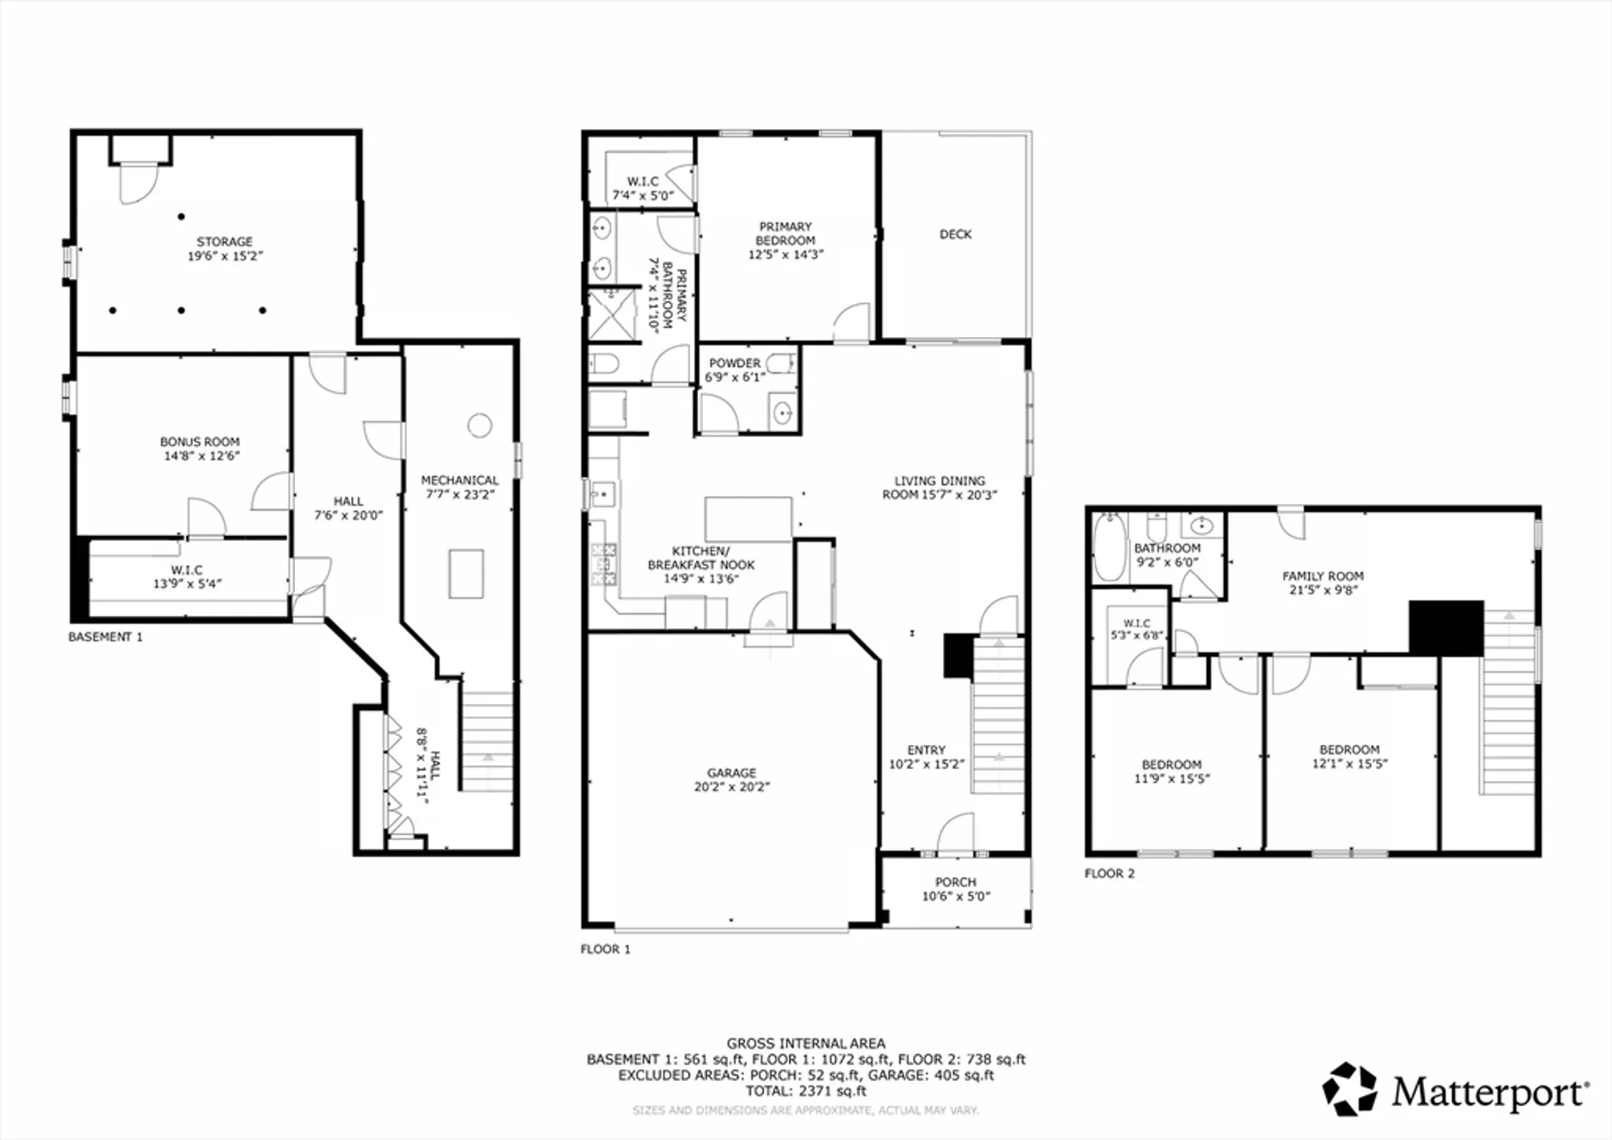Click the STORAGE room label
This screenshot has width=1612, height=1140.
click(x=224, y=241)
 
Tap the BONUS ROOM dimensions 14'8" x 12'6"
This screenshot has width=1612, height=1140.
click(x=201, y=456)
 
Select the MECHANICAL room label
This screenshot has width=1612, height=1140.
click(x=459, y=480)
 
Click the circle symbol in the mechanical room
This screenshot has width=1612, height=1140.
click(x=480, y=425)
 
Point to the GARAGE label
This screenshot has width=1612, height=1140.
click(x=731, y=772)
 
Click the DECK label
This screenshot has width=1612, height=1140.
click(x=955, y=234)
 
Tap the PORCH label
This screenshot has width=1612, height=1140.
click(x=955, y=882)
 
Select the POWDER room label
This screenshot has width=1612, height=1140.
click(x=734, y=363)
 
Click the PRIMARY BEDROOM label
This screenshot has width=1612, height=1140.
click(x=785, y=233)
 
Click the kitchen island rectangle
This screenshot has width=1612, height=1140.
click(x=748, y=519)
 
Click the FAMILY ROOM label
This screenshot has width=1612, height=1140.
click(x=1323, y=576)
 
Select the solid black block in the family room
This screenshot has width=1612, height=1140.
click(x=1445, y=627)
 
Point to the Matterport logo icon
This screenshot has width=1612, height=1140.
click(x=1349, y=1089)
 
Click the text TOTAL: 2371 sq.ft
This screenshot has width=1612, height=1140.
click(x=805, y=1091)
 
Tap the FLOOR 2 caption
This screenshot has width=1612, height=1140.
click(x=1109, y=873)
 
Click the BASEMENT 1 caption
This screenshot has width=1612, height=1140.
click(x=105, y=637)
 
